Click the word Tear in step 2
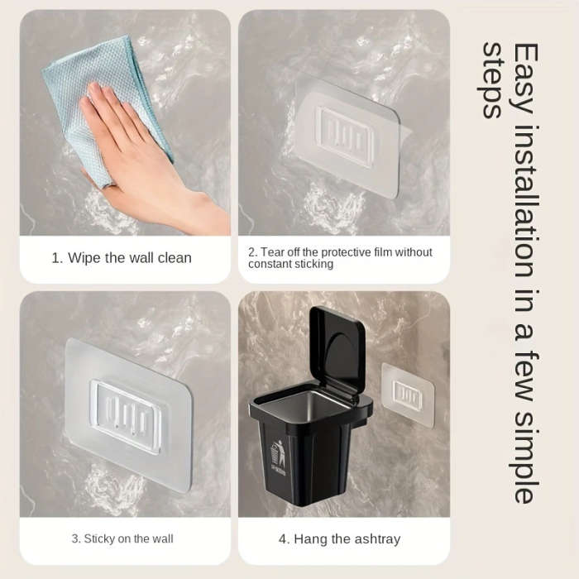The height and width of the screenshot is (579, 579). pos(274,252)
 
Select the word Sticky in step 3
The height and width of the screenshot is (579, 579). pos(98,539)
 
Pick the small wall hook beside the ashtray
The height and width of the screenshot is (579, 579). pos(408,395)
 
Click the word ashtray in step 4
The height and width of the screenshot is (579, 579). pos(374,539)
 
